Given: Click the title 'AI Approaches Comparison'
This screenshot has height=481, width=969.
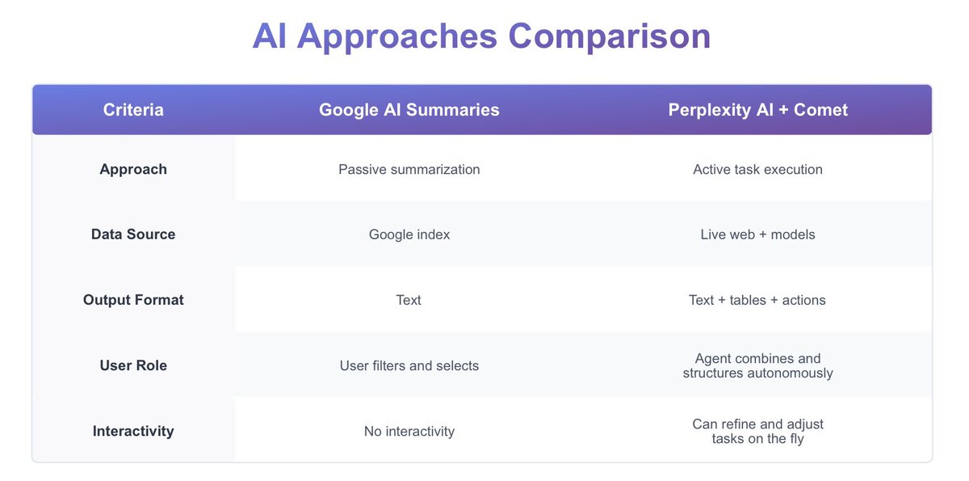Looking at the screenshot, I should click(x=481, y=36).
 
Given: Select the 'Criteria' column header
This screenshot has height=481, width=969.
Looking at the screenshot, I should click(x=133, y=110).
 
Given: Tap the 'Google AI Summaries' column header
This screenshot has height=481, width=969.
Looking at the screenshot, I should click(x=409, y=110).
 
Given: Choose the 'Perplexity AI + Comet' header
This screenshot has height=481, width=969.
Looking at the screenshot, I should click(x=757, y=110).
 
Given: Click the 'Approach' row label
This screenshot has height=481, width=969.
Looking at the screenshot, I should click(x=133, y=170).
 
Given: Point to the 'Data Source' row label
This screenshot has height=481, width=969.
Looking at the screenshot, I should click(x=133, y=234).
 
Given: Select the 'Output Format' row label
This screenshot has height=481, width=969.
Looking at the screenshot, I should click(x=133, y=300).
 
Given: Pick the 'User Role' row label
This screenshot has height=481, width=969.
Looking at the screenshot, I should click(x=133, y=365).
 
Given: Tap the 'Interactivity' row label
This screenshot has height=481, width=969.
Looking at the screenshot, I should click(x=133, y=431).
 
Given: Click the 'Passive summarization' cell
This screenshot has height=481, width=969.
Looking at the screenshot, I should click(x=409, y=170).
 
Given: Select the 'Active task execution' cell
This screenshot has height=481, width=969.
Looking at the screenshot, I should click(x=757, y=170).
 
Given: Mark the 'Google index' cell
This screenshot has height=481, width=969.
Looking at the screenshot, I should click(x=409, y=234).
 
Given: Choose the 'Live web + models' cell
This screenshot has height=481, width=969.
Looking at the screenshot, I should click(x=757, y=234).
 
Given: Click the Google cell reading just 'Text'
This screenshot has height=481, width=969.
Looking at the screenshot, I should click(x=409, y=300).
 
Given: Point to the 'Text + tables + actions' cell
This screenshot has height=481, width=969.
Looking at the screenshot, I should click(x=757, y=300).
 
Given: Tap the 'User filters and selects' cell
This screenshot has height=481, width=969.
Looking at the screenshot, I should click(x=409, y=365).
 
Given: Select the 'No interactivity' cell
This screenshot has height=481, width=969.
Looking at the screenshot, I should click(x=409, y=431).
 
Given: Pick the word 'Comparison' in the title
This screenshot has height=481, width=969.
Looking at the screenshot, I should click(x=609, y=36).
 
